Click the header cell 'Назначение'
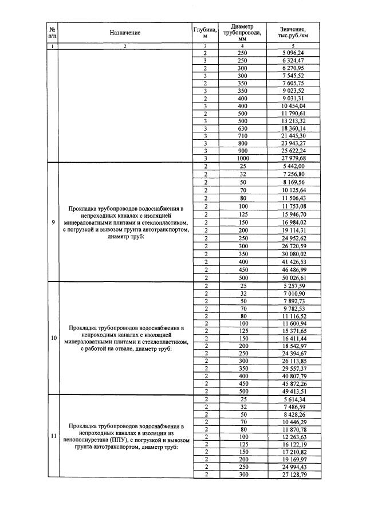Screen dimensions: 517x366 [x=124, y=33]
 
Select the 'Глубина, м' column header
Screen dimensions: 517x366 [x=204, y=33]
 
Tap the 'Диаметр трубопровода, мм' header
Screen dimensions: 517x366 [x=242, y=33]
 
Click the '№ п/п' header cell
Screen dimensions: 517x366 [x=52, y=33]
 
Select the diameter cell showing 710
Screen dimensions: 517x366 [x=242, y=135]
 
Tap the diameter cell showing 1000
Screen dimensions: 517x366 [x=242, y=158]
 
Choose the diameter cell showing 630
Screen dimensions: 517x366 [x=242, y=128]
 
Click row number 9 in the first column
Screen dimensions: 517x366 [x=52, y=222]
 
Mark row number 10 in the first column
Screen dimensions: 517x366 [x=52, y=338]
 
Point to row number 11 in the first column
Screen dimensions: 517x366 [x=52, y=437]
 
